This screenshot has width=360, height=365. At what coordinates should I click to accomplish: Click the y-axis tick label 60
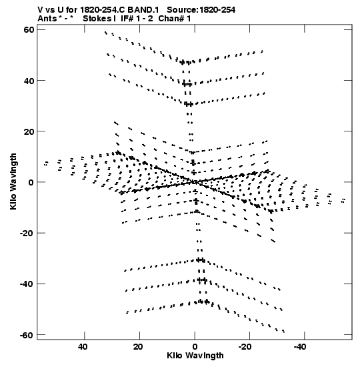[29, 30]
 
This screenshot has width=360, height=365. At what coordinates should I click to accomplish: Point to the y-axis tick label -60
[27, 335]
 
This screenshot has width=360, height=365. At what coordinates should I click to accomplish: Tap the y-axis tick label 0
[31, 182]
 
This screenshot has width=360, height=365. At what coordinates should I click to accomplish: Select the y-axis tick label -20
[27, 233]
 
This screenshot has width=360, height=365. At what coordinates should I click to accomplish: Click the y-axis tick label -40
[27, 284]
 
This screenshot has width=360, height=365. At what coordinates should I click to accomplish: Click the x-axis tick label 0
[195, 347]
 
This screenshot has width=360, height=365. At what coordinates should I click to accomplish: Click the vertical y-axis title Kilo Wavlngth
[13, 181]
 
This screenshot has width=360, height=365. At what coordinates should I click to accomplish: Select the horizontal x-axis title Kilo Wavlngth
[195, 356]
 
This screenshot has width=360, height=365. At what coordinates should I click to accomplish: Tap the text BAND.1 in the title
[143, 10]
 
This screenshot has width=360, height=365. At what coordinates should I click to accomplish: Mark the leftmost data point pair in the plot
[46, 163]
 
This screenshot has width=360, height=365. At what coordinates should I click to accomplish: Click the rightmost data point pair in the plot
[343, 200]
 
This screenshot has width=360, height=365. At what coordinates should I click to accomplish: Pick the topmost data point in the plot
[105, 32]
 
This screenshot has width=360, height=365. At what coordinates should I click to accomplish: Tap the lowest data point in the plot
[283, 331]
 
